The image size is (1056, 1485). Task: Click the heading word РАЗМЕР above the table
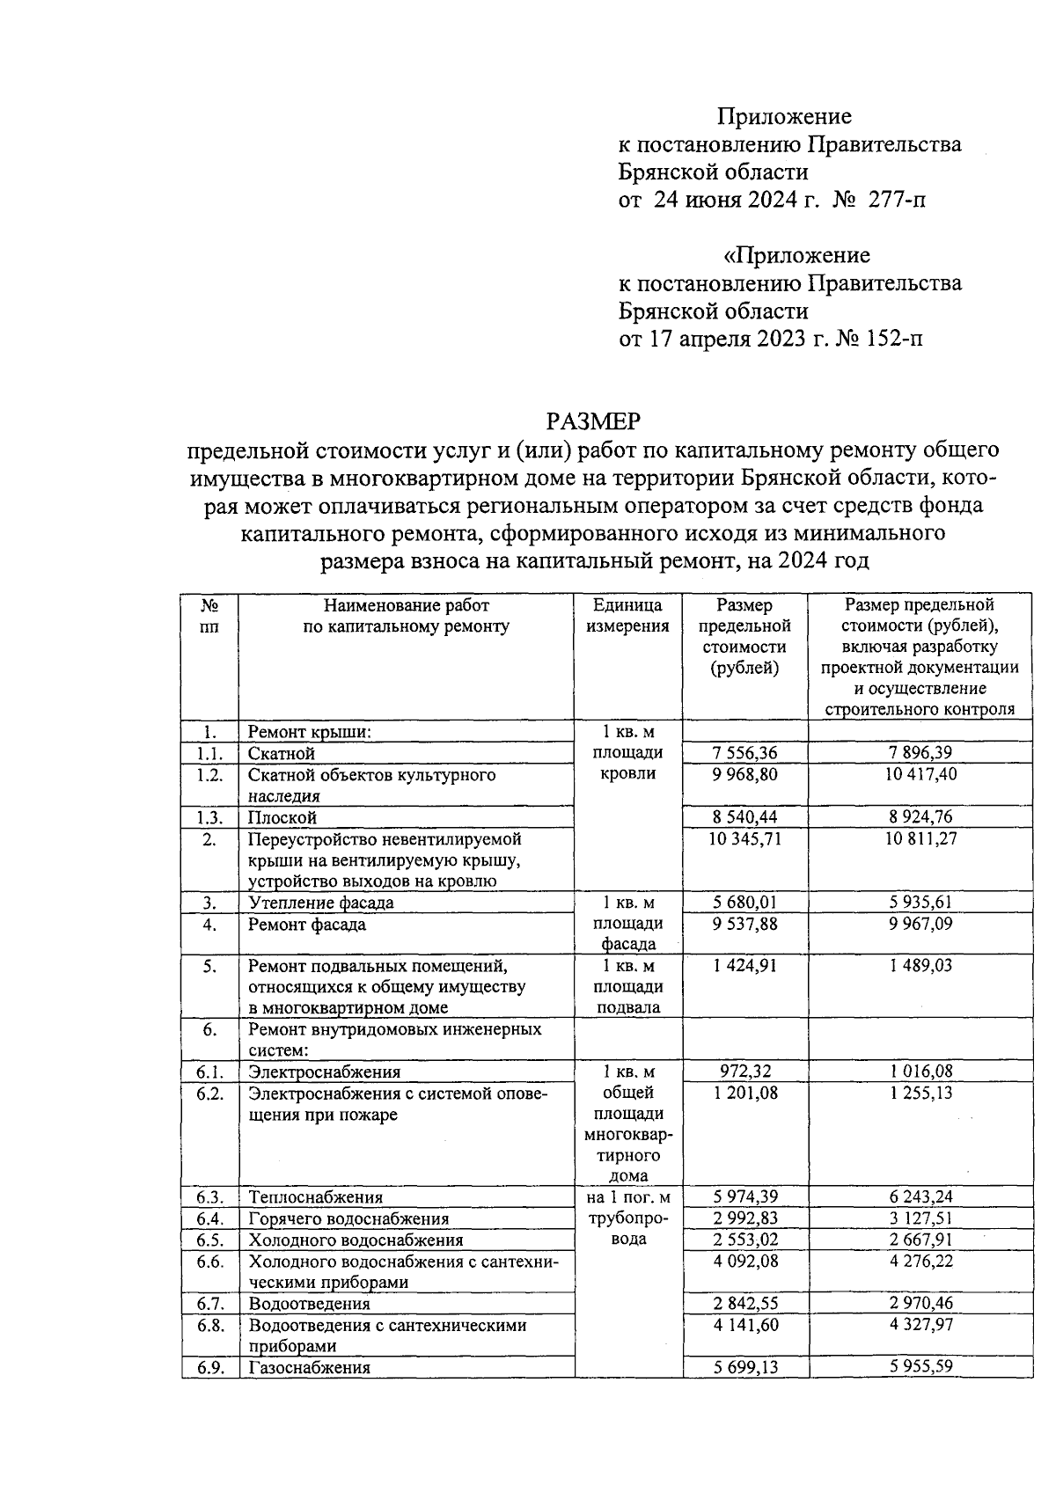pyautogui.click(x=592, y=421)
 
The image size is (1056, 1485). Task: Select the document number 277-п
pyautogui.click(x=897, y=200)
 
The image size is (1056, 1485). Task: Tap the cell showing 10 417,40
pyautogui.click(x=920, y=774)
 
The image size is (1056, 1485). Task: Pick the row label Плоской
pyautogui.click(x=282, y=817)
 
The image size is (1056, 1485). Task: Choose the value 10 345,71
pyautogui.click(x=744, y=838)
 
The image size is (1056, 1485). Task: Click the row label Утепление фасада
pyautogui.click(x=320, y=903)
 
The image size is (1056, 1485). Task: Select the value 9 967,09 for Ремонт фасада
pyautogui.click(x=920, y=925)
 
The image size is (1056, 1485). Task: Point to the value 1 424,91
pyautogui.click(x=744, y=965)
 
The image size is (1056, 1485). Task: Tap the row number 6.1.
pyautogui.click(x=209, y=1072)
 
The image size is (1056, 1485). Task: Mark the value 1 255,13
pyautogui.click(x=920, y=1094)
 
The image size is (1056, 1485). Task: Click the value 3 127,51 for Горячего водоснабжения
pyautogui.click(x=920, y=1218)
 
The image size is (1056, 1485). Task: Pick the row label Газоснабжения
pyautogui.click(x=309, y=1367)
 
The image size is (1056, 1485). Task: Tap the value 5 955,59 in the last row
pyautogui.click(x=920, y=1367)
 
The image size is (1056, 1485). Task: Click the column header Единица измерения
pyautogui.click(x=627, y=616)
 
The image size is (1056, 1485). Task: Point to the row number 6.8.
pyautogui.click(x=209, y=1325)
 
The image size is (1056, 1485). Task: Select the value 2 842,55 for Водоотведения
pyautogui.click(x=744, y=1304)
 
